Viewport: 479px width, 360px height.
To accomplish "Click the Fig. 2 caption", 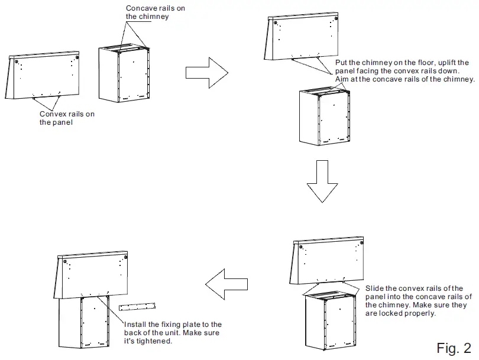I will coord(454,348).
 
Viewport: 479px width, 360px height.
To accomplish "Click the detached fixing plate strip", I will coord(137,306).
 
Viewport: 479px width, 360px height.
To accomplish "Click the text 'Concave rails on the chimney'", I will coord(148,12).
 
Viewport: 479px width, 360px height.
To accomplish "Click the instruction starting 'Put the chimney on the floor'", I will coord(404,71).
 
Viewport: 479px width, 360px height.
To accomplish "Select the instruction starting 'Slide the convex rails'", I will coord(417,300).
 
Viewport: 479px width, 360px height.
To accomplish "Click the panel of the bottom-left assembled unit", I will coord(95,274).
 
